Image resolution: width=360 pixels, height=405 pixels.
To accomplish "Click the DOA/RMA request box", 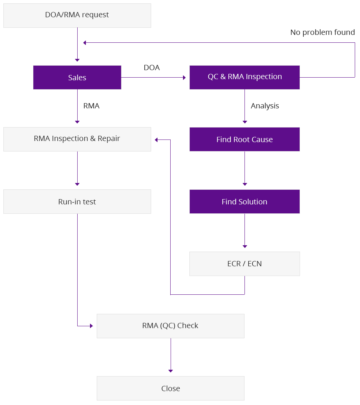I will point(77,15).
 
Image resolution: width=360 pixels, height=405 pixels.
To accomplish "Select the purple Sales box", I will point(77,78).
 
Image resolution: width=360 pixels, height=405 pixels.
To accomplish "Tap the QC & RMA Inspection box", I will point(244,77).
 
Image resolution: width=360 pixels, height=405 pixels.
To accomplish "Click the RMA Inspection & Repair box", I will point(77,139).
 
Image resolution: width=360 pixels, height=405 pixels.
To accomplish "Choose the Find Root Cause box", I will point(244,139).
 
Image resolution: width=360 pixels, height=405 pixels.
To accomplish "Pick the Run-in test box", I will point(77,202).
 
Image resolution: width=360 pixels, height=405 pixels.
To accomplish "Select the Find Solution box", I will point(244,202).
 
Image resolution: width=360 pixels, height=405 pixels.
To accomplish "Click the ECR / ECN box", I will point(244,264).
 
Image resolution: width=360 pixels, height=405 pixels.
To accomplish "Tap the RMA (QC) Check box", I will point(170,326).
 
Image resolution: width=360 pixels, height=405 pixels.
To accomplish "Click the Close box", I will point(170,388).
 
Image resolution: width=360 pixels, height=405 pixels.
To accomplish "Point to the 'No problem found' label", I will point(322,33).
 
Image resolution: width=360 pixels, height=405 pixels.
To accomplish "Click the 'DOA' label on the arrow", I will point(151,67).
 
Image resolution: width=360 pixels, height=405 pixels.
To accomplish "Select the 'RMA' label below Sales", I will point(91,106).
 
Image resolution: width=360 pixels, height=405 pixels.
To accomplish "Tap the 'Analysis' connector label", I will point(265,106).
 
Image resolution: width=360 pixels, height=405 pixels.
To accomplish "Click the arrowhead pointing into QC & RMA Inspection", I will point(184,78).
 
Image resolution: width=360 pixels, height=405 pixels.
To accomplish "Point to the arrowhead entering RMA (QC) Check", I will point(91,326).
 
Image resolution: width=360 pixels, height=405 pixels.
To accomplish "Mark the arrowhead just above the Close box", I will point(171,371).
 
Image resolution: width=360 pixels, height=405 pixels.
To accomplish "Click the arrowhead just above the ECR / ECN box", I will point(245,246).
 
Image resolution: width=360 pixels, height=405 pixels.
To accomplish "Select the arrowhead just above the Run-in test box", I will point(77,184).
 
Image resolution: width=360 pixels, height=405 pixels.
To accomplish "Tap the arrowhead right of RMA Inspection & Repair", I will point(157,140).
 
